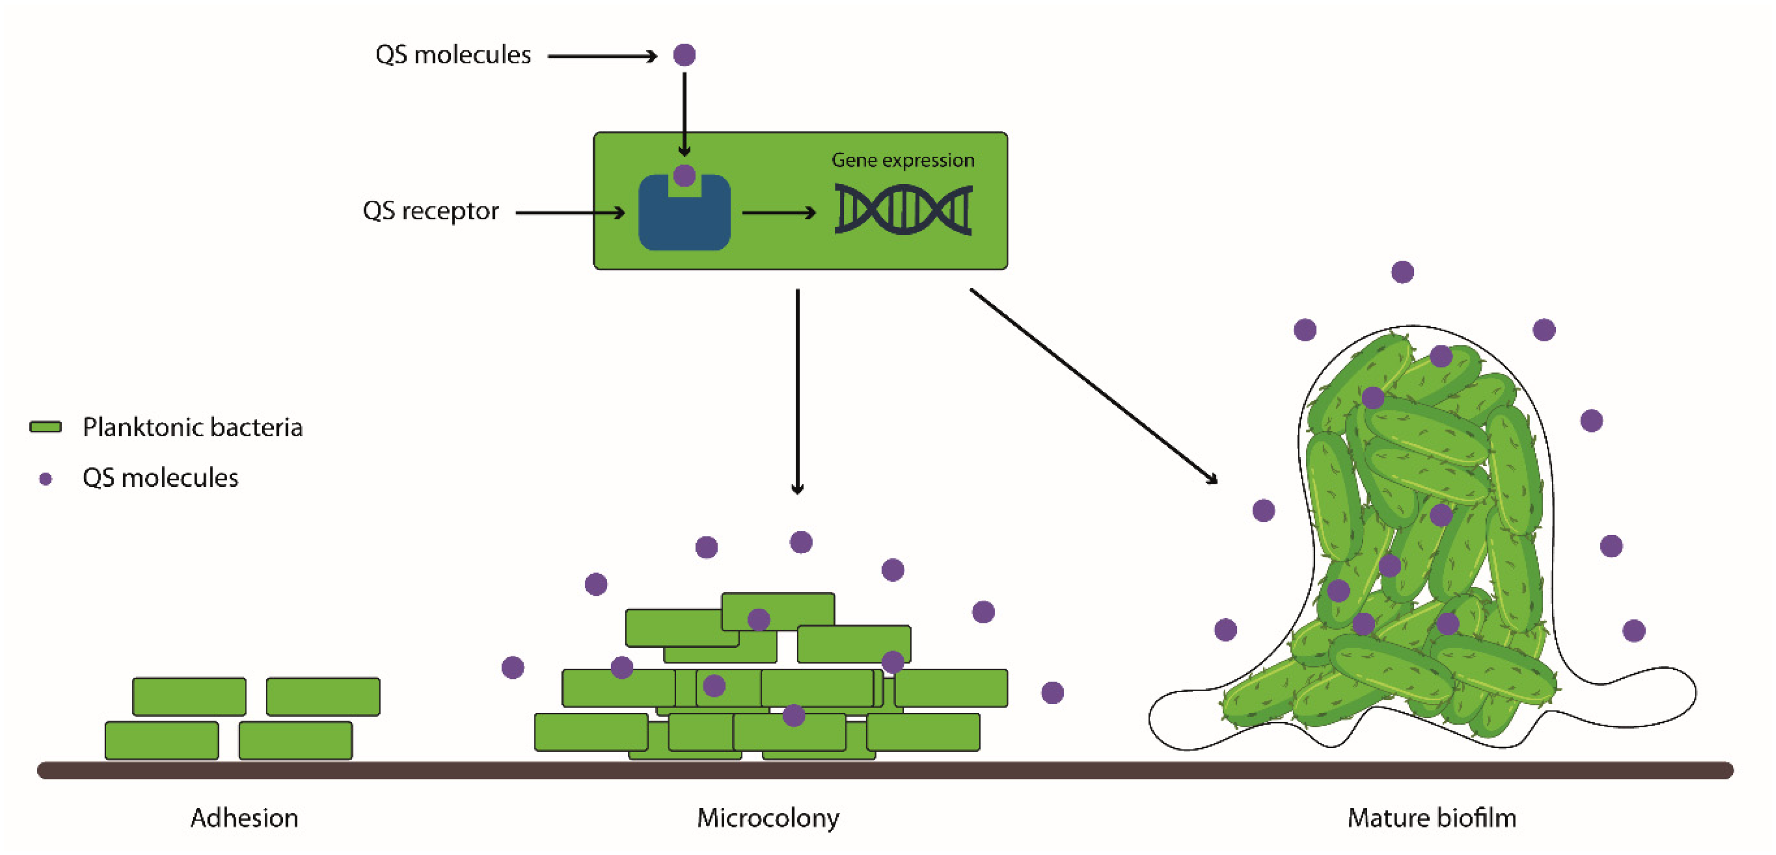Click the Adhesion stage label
[x=244, y=818]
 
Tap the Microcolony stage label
[x=768, y=818]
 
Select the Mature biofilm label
[x=1431, y=818]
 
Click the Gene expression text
[x=903, y=160]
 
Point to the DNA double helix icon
[x=903, y=209]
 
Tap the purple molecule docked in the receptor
[x=684, y=175]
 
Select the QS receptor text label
[x=430, y=210]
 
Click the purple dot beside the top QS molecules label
[x=684, y=54]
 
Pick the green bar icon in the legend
[x=46, y=427]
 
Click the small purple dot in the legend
[x=46, y=479]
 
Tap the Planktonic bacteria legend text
[x=192, y=427]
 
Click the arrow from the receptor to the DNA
[x=778, y=212]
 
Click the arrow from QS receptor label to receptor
[x=570, y=212]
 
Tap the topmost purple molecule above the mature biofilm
[x=1402, y=272]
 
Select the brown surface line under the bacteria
[x=885, y=770]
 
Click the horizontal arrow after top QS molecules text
[x=602, y=56]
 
